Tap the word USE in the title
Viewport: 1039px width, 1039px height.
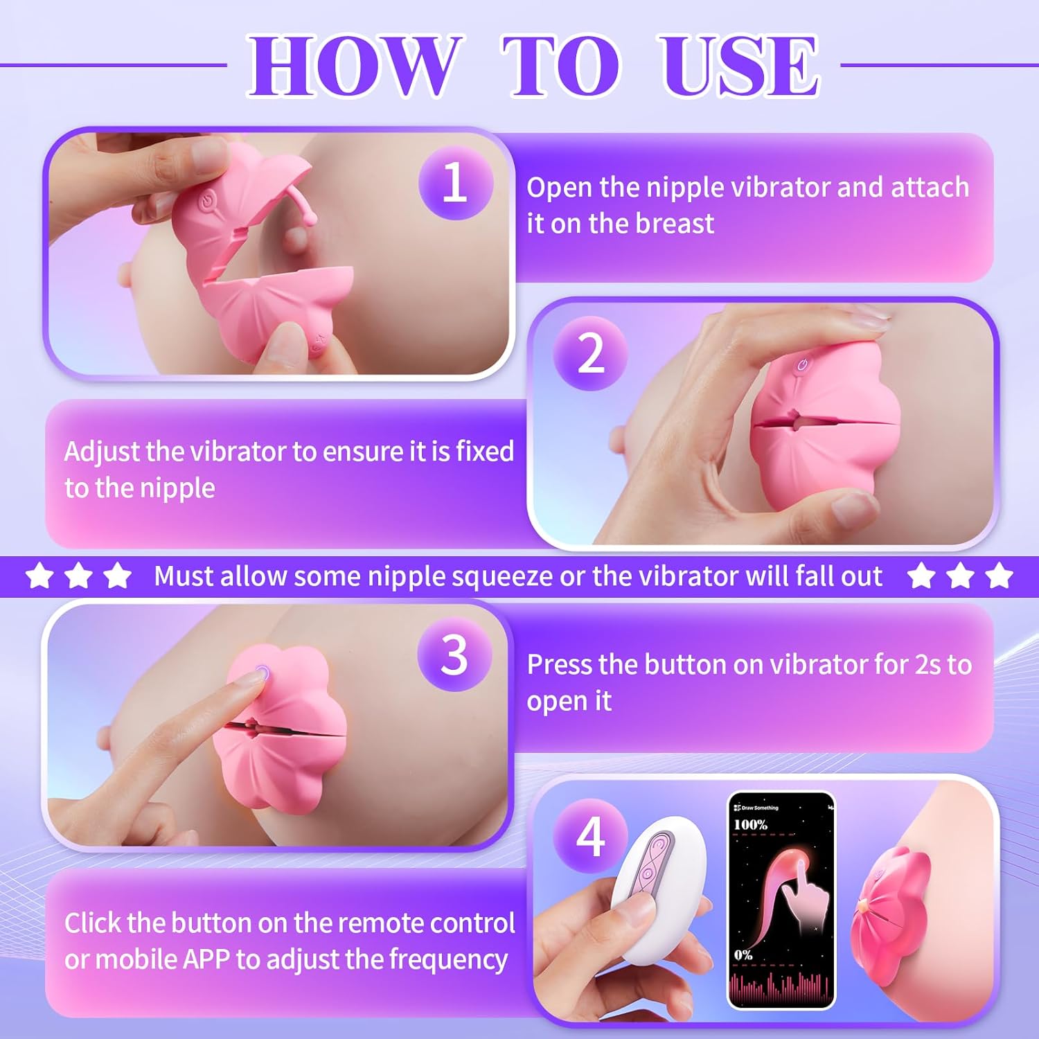click(x=740, y=66)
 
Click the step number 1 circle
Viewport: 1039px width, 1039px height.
click(x=455, y=183)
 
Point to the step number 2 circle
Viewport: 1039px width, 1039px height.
click(x=590, y=353)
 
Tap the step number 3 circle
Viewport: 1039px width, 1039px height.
click(x=454, y=654)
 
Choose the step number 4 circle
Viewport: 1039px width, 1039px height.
click(x=590, y=837)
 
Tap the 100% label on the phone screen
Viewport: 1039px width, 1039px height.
click(x=750, y=824)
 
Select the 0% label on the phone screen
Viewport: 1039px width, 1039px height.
click(x=743, y=954)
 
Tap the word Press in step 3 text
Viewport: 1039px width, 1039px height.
click(x=559, y=664)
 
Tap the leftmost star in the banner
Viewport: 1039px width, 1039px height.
click(x=39, y=576)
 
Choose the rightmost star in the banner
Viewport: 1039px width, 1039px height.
click(x=999, y=576)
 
